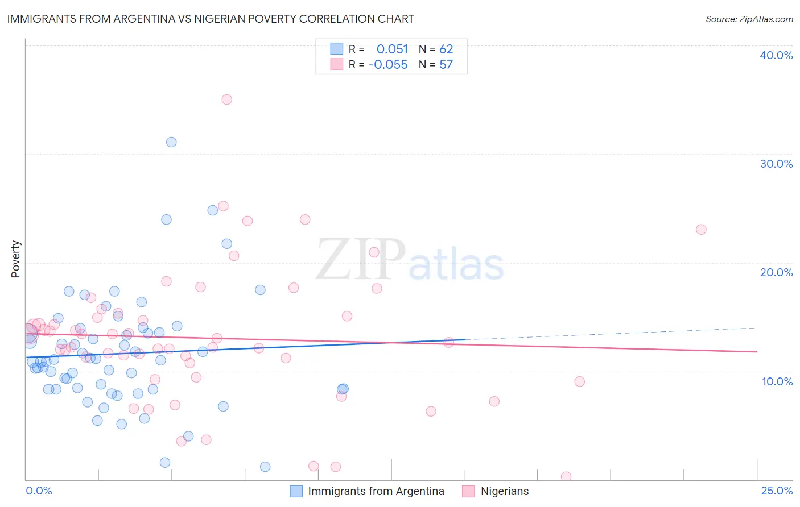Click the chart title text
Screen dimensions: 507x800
[211, 19]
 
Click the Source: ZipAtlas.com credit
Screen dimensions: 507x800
[749, 19]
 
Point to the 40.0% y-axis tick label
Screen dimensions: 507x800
[776, 55]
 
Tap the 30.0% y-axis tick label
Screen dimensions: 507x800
[776, 164]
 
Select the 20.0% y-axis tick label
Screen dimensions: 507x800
[776, 272]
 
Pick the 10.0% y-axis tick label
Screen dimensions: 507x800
[777, 381]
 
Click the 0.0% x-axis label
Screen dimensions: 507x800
[39, 491]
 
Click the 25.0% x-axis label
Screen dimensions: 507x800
[777, 491]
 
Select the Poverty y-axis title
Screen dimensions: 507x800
[15, 259]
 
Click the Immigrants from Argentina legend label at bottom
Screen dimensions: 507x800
[376, 491]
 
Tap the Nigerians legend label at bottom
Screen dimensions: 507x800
[505, 491]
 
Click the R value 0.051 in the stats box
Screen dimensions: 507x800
[392, 49]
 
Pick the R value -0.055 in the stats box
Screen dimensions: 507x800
[388, 65]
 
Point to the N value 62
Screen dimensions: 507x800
[446, 49]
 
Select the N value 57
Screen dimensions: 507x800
[446, 65]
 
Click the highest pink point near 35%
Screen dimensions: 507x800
[226, 99]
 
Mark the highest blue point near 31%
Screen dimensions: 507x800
[171, 142]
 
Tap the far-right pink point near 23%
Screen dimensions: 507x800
[701, 230]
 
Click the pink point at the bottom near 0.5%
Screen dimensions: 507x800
[566, 476]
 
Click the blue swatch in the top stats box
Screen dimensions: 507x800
[337, 49]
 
